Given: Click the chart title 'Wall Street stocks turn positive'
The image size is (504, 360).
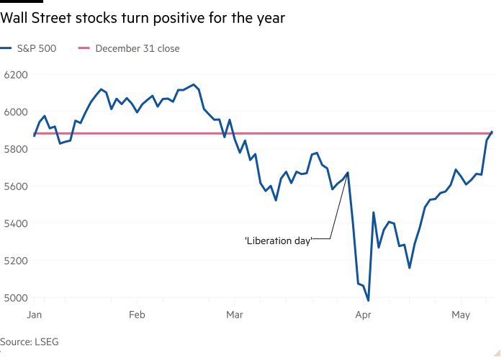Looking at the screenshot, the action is tap(143, 18).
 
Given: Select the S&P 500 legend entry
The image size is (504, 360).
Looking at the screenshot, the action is tap(28, 48).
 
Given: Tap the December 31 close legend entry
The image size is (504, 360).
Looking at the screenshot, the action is tap(129, 48).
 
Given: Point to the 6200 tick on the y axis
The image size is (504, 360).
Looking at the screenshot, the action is tap(16, 75).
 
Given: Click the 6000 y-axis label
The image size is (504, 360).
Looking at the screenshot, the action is tap(16, 112).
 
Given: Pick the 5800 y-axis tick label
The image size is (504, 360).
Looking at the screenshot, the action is tap(16, 149).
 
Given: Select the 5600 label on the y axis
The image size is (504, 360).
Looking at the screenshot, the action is tap(16, 186).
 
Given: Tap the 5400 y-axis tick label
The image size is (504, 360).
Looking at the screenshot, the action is tap(16, 223).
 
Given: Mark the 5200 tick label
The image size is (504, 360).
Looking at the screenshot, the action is tap(16, 261).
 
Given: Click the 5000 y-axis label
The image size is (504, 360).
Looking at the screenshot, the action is tap(16, 298).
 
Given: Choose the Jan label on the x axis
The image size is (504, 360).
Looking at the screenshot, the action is tap(34, 315).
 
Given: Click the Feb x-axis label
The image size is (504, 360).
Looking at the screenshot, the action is tap(137, 315).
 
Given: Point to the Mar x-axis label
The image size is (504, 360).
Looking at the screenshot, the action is tap(235, 315).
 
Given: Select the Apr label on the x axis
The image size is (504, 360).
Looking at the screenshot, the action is tap(363, 315).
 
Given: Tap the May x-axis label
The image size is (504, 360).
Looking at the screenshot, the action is tap(461, 315).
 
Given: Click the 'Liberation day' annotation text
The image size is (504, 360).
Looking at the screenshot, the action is tap(279, 240).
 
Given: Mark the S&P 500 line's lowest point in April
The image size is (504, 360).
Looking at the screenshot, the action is tap(368, 300).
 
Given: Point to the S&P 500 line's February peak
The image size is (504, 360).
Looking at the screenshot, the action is tap(193, 85).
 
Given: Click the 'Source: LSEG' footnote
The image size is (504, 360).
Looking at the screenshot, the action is tap(30, 342).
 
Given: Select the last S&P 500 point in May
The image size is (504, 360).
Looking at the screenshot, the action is tap(492, 132).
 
